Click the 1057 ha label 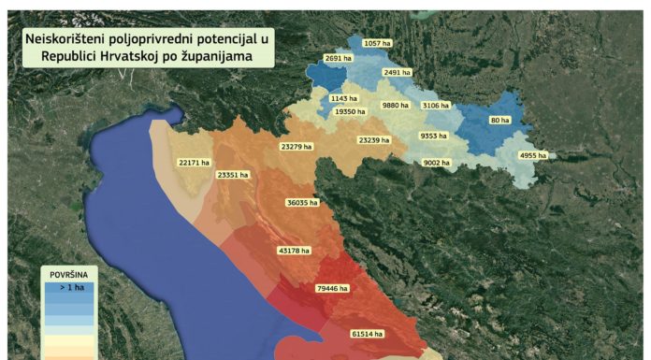coord(377,44)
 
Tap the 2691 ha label coord(339,58)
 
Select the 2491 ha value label coord(398,72)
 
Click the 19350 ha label coord(351,111)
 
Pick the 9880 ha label coord(396,106)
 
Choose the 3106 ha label coord(436,106)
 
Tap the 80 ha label coord(499,121)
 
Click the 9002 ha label coord(437,163)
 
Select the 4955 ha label coord(533,155)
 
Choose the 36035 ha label coord(303,202)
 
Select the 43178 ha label coord(297,251)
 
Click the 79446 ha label coord(334,289)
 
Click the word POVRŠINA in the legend coord(70,275)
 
